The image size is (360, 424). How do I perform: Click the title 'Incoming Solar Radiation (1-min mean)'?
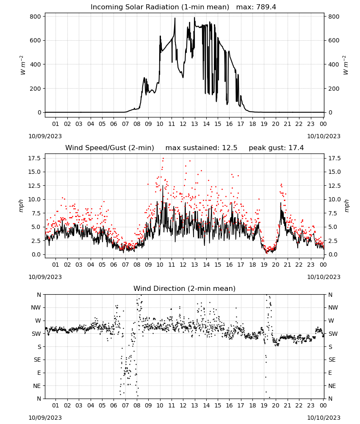pos(160,7)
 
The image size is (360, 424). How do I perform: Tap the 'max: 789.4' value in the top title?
pos(256,7)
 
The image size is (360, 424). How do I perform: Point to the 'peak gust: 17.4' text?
pos(276,148)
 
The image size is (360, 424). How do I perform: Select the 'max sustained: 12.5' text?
pos(201,148)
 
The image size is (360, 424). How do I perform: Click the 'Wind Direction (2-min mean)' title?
pos(185,288)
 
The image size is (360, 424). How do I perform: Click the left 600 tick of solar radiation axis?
pos(36,41)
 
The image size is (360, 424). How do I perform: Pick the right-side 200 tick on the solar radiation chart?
pos(334,89)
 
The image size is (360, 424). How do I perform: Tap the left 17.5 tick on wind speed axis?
pos(35,158)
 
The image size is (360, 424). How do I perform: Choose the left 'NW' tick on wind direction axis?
pos(36,308)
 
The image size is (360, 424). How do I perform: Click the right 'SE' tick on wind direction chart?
pos(332,360)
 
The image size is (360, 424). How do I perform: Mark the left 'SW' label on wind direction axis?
pos(36,334)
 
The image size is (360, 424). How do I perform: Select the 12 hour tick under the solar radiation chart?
pos(183,124)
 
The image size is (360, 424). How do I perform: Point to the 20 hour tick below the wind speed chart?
pos(276,265)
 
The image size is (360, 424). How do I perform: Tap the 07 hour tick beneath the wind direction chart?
pos(125,405)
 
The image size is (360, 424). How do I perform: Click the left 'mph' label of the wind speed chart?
pos(21,206)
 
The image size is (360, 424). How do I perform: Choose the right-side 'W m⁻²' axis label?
pos(346,65)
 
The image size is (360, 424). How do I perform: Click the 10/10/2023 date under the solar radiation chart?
pos(324,136)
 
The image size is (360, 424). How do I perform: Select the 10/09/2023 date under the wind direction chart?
pos(45,418)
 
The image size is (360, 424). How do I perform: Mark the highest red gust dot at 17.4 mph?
pos(163,159)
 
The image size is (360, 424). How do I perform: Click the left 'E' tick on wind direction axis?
pos(39,373)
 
